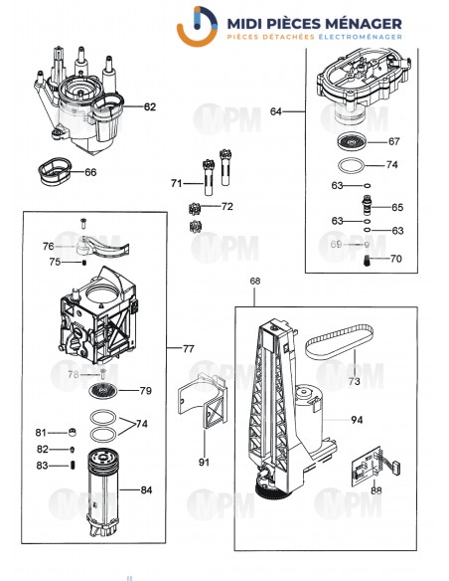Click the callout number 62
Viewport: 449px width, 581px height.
pyautogui.click(x=150, y=105)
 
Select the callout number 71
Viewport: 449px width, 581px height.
pyautogui.click(x=176, y=184)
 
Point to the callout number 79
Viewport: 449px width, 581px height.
pyautogui.click(x=145, y=390)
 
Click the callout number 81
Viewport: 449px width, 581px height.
pyautogui.click(x=41, y=433)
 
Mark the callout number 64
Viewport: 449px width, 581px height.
pyautogui.click(x=276, y=112)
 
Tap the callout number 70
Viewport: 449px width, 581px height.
pyautogui.click(x=396, y=260)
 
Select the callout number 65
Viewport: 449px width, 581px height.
pyautogui.click(x=396, y=208)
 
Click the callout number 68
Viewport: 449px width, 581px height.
pyautogui.click(x=256, y=283)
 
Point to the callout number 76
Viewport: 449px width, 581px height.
pyautogui.click(x=48, y=246)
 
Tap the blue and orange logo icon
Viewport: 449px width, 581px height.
pyautogui.click(x=196, y=25)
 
